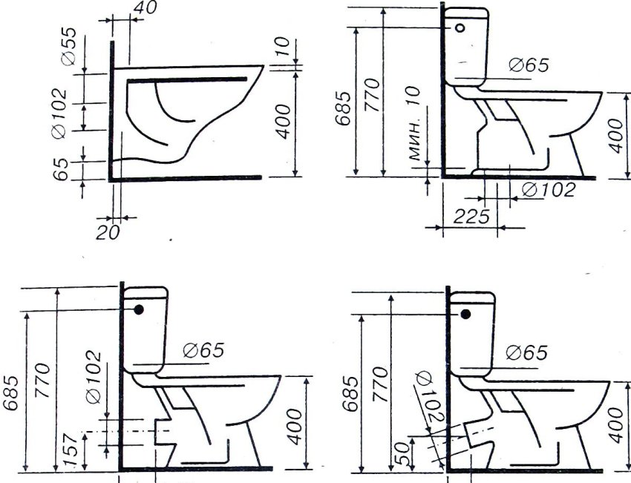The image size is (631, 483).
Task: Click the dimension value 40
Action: coord(146,7)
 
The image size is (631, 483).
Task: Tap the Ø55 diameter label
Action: coord(69,46)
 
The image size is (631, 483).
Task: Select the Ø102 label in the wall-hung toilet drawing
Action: coord(59,114)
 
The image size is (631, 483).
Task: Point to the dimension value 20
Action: coord(108,233)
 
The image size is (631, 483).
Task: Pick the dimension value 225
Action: coord(471,217)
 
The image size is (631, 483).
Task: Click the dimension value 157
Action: coord(71,451)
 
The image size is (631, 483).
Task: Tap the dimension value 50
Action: coord(402,453)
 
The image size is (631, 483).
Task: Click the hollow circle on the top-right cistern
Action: coord(460,27)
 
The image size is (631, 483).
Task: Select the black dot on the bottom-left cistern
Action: coord(139,309)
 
